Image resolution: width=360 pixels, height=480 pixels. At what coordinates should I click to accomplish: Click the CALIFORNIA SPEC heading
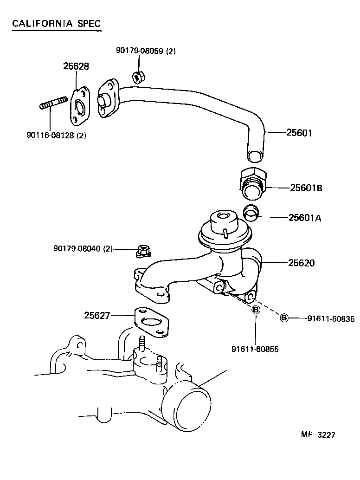click(x=55, y=24)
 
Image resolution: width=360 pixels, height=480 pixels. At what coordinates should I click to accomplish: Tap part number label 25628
click(x=76, y=66)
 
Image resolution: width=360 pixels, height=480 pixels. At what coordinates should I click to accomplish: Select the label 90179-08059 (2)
click(x=146, y=52)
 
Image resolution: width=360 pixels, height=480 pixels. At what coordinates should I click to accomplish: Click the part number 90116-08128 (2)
click(x=56, y=136)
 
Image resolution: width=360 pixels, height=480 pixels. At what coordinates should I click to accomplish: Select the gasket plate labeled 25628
click(x=79, y=106)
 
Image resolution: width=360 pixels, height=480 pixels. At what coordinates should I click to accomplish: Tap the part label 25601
click(x=299, y=133)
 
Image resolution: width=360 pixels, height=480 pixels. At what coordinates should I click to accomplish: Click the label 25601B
click(x=306, y=188)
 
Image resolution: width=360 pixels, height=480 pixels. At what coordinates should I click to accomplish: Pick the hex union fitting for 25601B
click(x=253, y=184)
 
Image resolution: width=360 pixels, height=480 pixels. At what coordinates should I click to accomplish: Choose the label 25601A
click(x=305, y=217)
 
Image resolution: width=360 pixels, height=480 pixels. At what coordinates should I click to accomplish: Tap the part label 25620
click(x=301, y=263)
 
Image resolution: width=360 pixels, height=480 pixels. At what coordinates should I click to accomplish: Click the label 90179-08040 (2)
click(x=83, y=249)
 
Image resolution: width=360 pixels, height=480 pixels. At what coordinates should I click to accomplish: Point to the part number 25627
click(x=97, y=316)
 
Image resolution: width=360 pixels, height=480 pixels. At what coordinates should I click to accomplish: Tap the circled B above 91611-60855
click(x=255, y=311)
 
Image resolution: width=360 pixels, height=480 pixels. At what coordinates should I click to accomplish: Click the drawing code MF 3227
click(x=318, y=435)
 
